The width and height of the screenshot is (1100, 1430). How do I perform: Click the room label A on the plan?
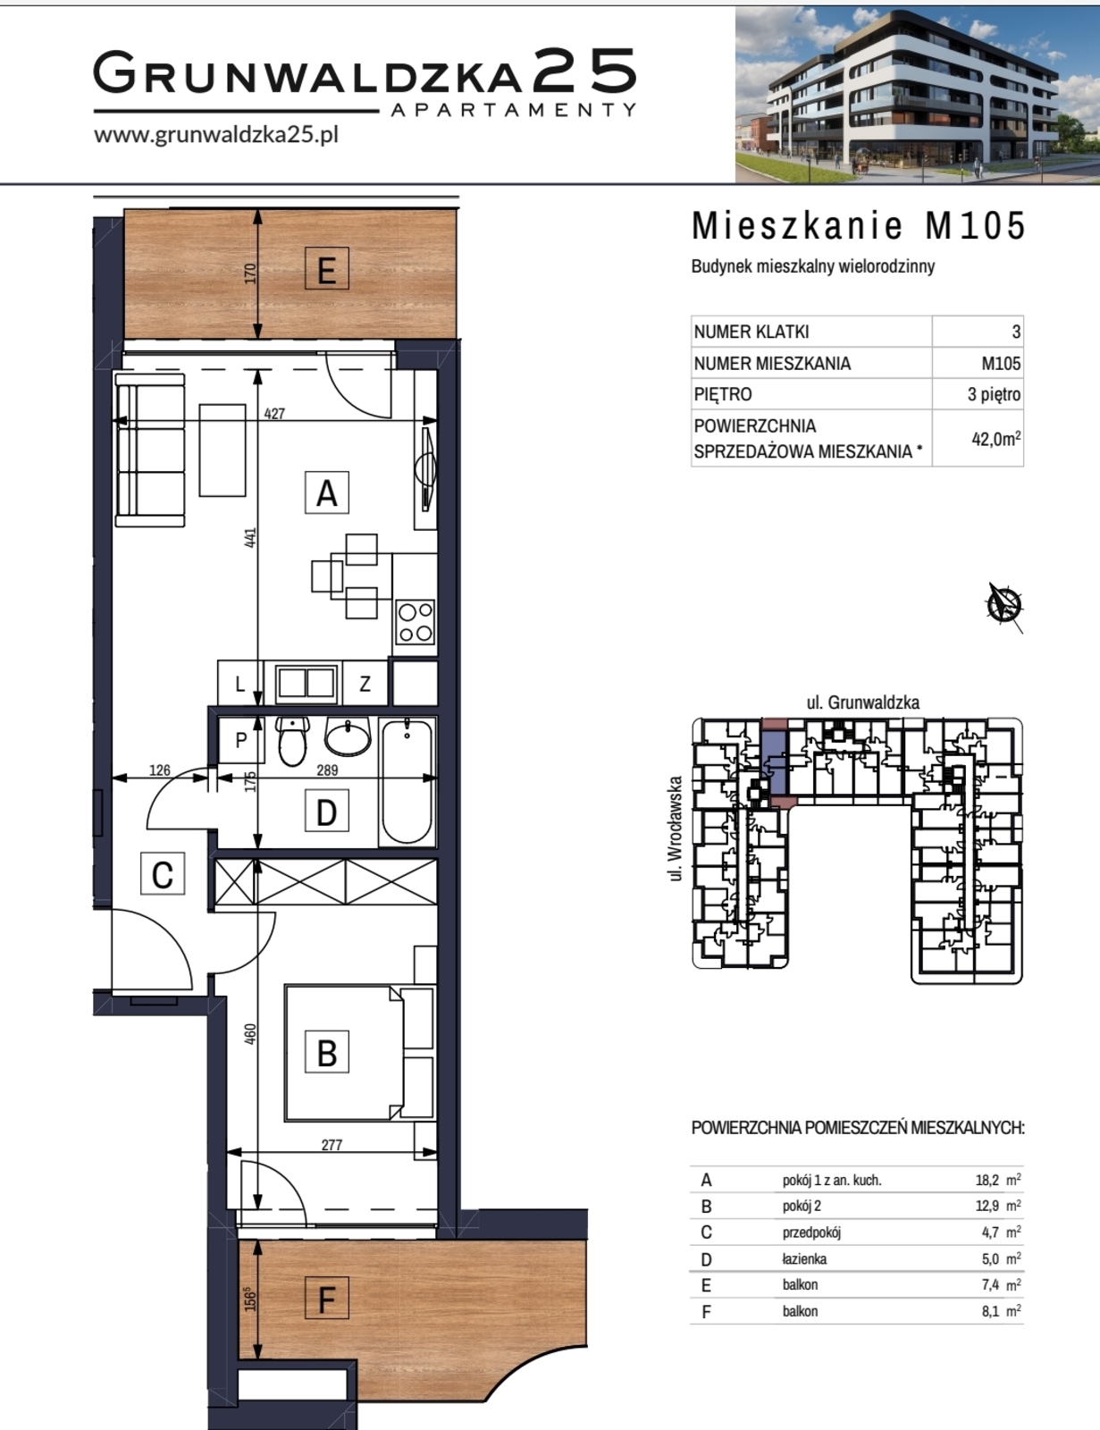click(x=326, y=492)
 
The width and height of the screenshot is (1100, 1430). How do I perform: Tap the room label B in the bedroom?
click(x=326, y=1052)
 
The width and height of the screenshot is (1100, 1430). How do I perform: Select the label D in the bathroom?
click(x=326, y=812)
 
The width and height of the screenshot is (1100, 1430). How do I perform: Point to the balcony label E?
click(x=326, y=270)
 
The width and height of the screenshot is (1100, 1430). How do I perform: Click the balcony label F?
click(x=326, y=1299)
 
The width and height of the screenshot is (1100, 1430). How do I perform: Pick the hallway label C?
click(x=163, y=874)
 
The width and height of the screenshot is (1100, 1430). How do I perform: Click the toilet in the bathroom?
click(x=293, y=742)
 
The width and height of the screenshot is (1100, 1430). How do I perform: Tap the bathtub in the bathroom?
click(x=407, y=782)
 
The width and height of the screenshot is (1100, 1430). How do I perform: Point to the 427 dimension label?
click(x=274, y=413)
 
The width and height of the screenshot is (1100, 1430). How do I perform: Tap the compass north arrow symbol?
click(x=1004, y=605)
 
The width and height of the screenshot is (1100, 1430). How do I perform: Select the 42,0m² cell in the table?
click(x=996, y=438)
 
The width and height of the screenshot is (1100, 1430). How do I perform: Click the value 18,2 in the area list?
click(x=987, y=1180)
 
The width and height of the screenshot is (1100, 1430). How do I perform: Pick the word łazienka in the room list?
click(x=804, y=1259)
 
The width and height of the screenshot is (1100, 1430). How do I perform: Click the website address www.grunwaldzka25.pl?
click(x=215, y=135)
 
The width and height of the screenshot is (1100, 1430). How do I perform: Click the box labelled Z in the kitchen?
click(x=365, y=684)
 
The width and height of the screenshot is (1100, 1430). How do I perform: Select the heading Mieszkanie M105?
click(x=859, y=226)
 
